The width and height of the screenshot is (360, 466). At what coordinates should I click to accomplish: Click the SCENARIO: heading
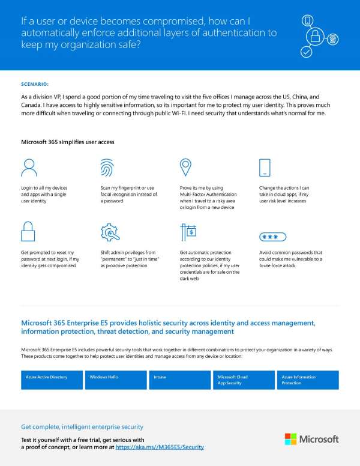35,84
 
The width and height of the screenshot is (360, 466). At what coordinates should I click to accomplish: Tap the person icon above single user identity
29,168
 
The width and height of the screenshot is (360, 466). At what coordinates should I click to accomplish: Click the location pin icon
186,167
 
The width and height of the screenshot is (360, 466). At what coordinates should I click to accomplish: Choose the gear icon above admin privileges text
109,232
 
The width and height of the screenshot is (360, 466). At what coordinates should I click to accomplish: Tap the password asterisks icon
270,237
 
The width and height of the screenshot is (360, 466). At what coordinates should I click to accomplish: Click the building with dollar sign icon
188,232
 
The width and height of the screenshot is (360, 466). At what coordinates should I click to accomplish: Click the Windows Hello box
115,380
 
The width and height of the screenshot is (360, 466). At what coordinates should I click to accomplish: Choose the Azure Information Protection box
308,380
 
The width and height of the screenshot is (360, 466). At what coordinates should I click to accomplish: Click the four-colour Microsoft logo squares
290,439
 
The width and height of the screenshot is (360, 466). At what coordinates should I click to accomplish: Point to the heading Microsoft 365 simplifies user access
67,142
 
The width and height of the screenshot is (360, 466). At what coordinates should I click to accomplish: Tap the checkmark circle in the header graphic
306,52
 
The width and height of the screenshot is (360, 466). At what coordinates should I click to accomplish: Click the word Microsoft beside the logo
319,440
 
